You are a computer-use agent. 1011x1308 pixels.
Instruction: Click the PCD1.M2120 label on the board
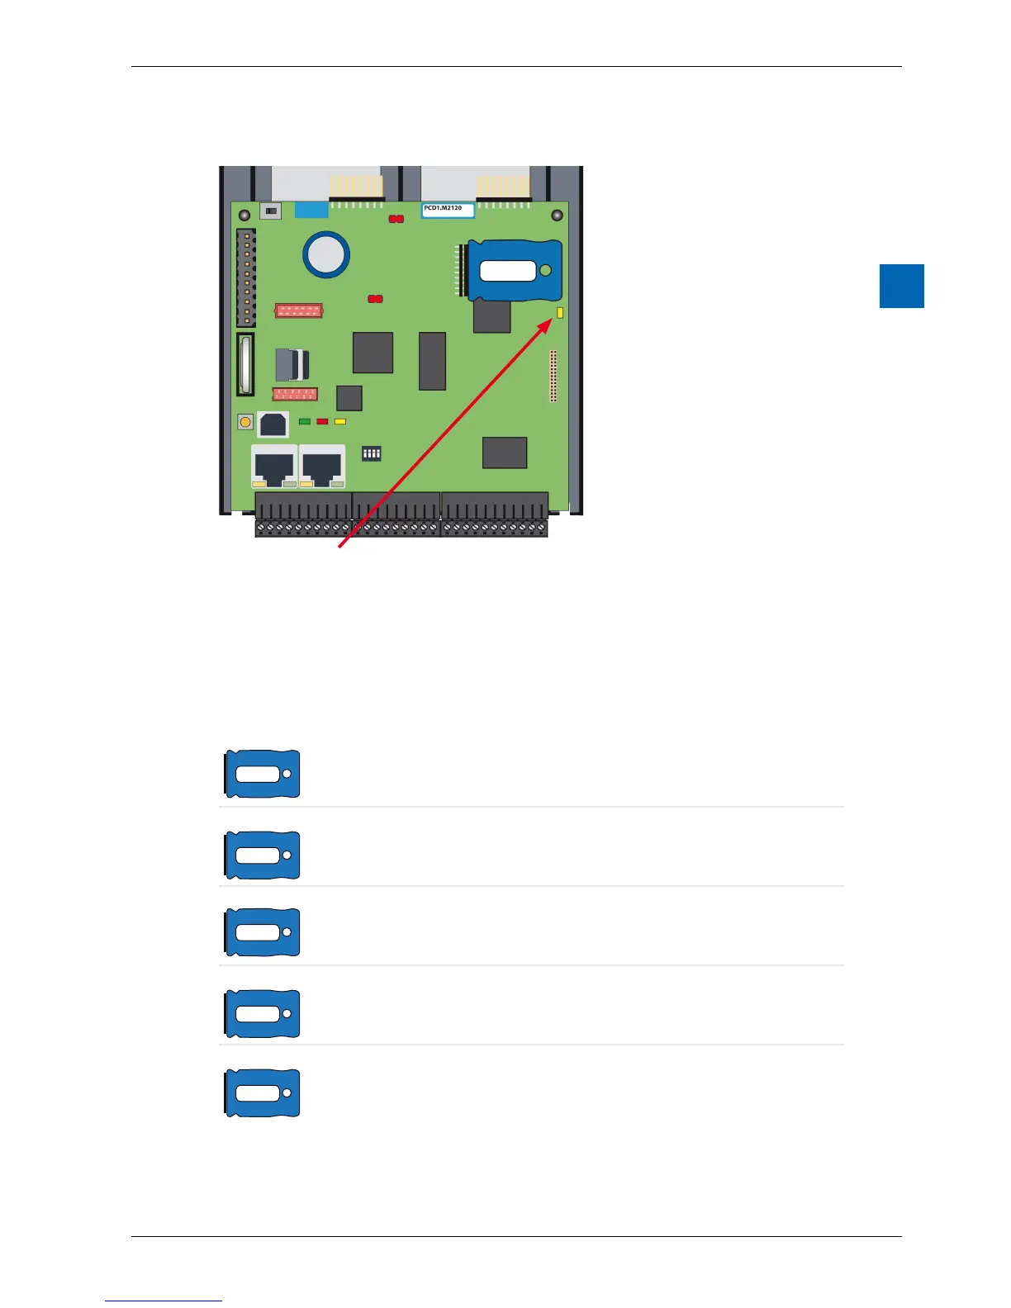[448, 210]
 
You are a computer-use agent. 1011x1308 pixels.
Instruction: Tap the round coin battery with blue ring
[325, 254]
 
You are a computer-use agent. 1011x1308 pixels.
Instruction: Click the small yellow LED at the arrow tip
[560, 313]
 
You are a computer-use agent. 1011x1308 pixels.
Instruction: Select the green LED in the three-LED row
[305, 421]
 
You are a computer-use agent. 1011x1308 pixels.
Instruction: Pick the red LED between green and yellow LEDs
[322, 421]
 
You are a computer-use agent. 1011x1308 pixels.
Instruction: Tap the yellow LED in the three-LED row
[339, 421]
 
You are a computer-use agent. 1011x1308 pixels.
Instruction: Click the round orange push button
[245, 423]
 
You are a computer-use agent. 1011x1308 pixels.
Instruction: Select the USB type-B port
[273, 424]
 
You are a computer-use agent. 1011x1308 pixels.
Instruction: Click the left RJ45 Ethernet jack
[274, 467]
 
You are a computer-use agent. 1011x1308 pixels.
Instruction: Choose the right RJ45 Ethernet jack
[322, 467]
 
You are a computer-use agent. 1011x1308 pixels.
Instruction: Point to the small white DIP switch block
[372, 453]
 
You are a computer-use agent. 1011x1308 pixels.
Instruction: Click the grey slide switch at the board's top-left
[270, 211]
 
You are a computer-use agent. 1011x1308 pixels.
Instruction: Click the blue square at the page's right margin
[901, 286]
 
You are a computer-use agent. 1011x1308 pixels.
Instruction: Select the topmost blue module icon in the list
[263, 774]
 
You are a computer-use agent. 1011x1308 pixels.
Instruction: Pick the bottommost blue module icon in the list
[263, 1092]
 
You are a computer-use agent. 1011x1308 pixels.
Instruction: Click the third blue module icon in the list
[263, 932]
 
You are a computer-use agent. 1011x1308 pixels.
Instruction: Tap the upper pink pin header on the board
[298, 310]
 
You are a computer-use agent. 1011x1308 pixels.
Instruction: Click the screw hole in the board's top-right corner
[557, 215]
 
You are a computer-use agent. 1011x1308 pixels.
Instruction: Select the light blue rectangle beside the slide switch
[311, 210]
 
